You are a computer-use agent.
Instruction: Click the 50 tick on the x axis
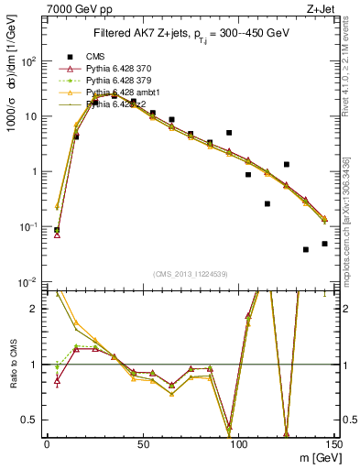coord(142,443)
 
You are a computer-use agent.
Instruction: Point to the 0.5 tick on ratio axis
coord(34,420)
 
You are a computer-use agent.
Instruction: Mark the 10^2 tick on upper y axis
coord(32,62)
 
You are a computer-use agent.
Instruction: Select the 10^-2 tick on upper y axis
coord(32,282)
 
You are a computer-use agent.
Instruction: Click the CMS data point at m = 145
coord(324,244)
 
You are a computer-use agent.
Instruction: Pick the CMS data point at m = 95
coord(229,133)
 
